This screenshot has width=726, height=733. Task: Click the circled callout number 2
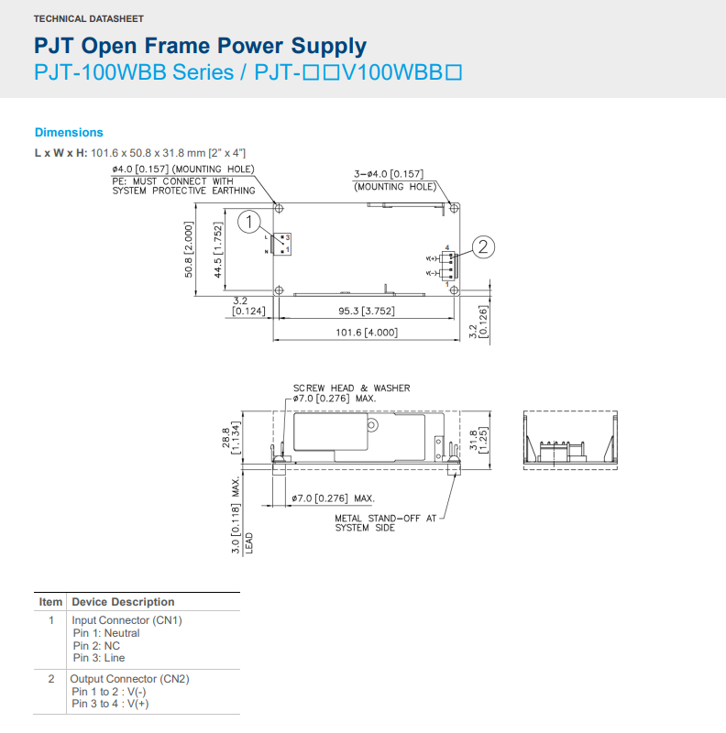tap(483, 246)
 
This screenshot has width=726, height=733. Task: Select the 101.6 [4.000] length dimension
tap(368, 332)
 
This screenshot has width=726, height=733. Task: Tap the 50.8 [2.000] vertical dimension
tap(188, 249)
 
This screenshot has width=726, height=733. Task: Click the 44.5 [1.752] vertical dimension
tap(218, 249)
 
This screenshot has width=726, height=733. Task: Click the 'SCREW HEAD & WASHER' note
tap(352, 388)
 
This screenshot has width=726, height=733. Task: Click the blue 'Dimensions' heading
tap(69, 133)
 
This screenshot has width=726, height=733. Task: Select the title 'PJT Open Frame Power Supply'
tap(200, 46)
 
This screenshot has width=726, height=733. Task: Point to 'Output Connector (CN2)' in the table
tap(130, 679)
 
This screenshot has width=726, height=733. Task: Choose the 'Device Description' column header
tap(123, 602)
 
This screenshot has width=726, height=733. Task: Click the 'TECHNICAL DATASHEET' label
tap(88, 18)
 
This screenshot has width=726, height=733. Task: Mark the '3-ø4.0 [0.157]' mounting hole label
tap(388, 174)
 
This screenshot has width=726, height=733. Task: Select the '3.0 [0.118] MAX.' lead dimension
tap(236, 513)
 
